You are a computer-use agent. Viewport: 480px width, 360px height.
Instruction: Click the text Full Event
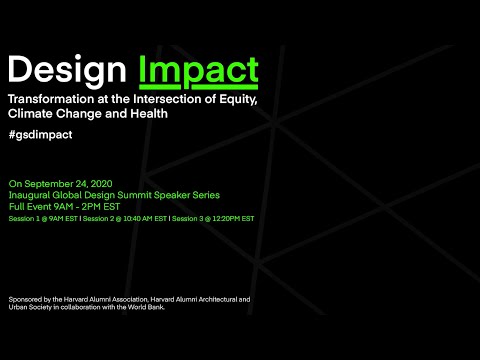tap(30, 206)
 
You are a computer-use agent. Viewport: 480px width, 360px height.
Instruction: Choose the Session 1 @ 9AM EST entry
tap(43, 218)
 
